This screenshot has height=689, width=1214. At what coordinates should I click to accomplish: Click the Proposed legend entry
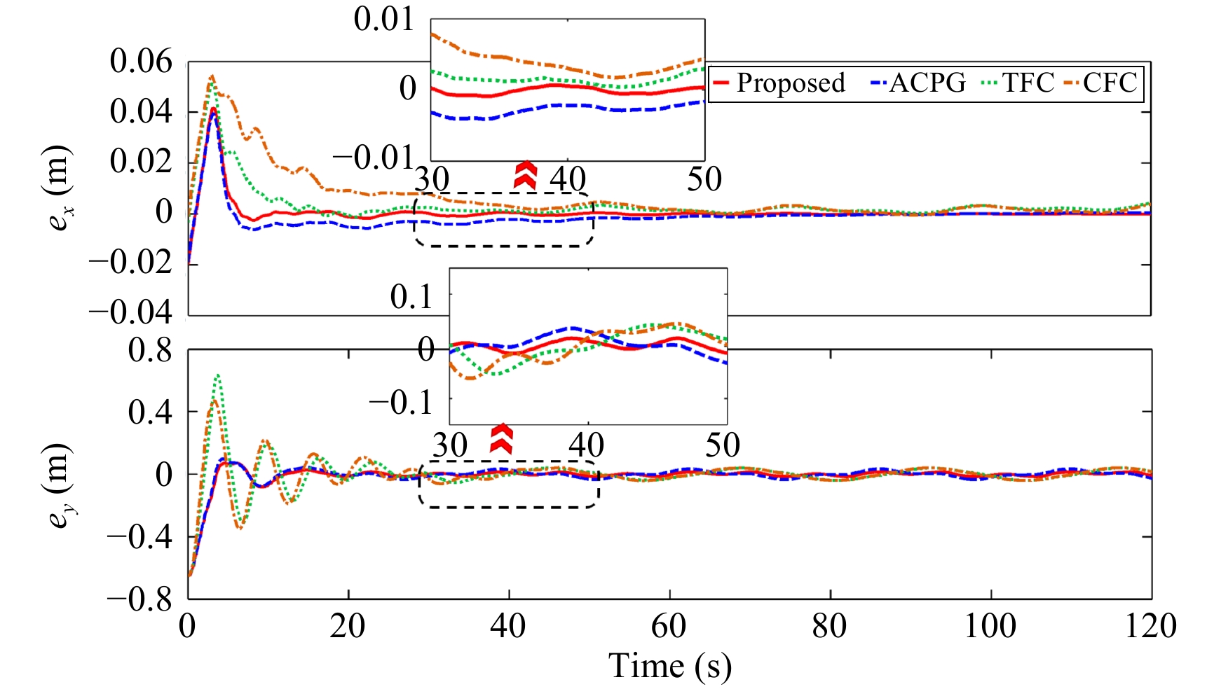(x=779, y=83)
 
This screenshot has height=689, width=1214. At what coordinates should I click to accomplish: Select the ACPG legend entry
(x=918, y=83)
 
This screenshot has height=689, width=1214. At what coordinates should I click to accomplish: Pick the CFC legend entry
(x=1102, y=83)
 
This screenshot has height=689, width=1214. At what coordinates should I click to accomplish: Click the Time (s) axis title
(x=669, y=666)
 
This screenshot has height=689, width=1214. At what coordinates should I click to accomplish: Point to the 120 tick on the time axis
(x=1150, y=625)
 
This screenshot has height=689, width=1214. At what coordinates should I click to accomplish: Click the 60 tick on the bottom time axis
(x=669, y=625)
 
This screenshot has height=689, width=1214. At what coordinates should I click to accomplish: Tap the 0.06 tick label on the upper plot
(x=140, y=62)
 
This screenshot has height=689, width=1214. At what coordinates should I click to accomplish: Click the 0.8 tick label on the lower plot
(x=150, y=350)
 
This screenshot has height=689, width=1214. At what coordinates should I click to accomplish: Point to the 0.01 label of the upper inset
(x=384, y=19)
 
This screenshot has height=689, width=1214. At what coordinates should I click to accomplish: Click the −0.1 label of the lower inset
(x=400, y=403)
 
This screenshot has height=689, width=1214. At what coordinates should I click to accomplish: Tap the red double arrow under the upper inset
(x=525, y=175)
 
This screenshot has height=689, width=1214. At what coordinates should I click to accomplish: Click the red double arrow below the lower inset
(x=501, y=438)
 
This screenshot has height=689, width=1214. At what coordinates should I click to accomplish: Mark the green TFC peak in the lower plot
(x=218, y=376)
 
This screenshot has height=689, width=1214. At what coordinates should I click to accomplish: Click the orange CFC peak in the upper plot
(x=212, y=76)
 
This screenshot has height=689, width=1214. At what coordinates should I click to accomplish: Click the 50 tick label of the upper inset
(x=704, y=180)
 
